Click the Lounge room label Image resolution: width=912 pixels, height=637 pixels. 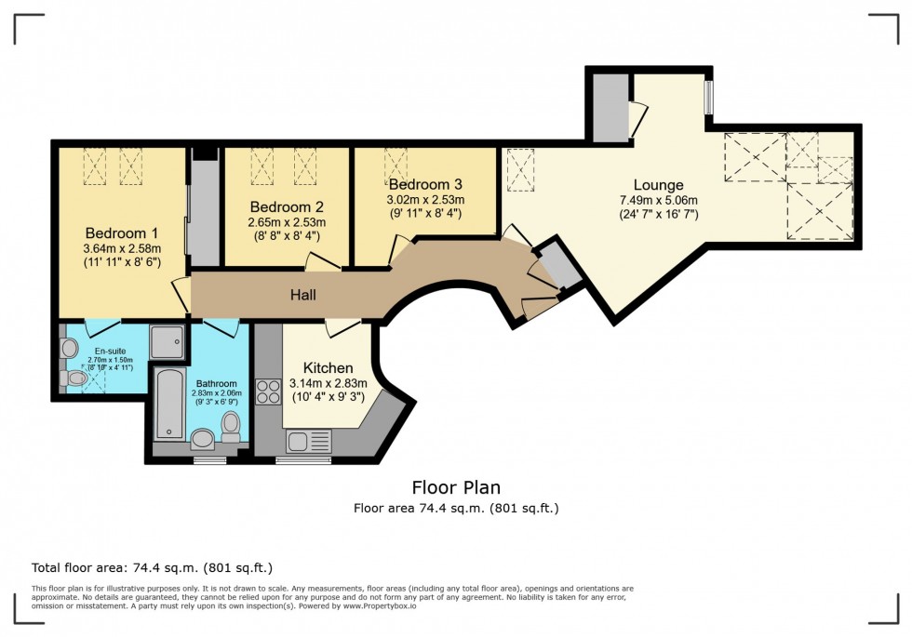(x=658, y=185)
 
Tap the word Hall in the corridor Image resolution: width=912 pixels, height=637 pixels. (x=302, y=296)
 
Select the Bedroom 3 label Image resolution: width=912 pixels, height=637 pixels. (x=425, y=184)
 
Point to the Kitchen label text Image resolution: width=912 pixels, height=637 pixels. (x=328, y=368)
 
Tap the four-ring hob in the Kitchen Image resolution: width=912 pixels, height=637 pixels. (x=269, y=391)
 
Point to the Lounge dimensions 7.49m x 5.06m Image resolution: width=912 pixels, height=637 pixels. (x=659, y=200)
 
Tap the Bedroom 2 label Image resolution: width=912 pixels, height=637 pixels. (x=287, y=206)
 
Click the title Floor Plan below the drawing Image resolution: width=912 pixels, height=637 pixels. (x=456, y=487)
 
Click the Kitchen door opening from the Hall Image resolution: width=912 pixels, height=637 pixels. (x=342, y=325)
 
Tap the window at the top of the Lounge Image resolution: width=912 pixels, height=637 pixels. (x=707, y=98)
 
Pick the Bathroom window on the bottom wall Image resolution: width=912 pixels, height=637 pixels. (x=208, y=459)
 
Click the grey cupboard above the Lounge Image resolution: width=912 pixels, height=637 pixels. (x=610, y=108)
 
